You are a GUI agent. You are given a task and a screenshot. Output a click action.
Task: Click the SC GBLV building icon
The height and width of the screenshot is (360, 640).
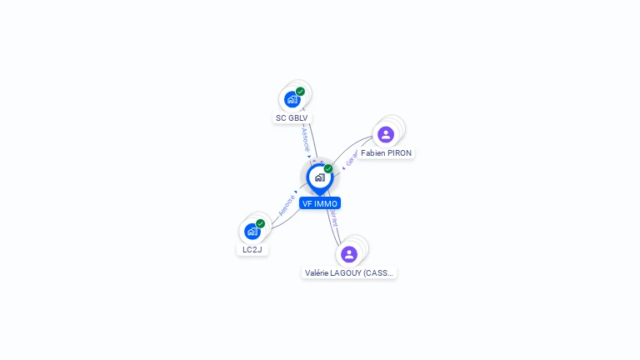pos(292,99)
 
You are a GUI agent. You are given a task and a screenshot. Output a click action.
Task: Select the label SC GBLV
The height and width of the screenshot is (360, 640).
pos(292,118)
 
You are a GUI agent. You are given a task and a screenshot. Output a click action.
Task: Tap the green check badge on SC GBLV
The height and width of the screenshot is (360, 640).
pos(300,92)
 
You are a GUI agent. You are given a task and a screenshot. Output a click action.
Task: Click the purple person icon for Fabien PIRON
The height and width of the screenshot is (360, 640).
pos(385,134)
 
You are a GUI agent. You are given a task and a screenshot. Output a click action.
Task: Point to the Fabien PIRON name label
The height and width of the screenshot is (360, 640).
pos(386,153)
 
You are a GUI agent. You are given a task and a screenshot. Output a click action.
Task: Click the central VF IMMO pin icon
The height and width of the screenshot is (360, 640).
pos(319,177)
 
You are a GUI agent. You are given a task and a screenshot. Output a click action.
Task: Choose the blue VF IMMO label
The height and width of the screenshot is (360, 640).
pos(320,203)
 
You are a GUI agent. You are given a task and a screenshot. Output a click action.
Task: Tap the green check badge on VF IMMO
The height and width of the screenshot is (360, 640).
pos(328,168)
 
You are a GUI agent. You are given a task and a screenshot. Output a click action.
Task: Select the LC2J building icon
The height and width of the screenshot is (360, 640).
pos(252,231)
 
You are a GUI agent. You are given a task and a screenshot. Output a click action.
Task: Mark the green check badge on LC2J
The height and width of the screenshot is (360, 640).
pos(261,223)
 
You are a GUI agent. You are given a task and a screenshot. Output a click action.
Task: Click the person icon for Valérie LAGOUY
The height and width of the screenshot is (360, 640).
pos(349,254)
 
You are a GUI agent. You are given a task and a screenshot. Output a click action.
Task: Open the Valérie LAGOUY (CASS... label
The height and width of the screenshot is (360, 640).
pos(349,272)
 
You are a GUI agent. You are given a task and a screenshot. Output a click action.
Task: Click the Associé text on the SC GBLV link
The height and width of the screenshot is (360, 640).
pos(305,138)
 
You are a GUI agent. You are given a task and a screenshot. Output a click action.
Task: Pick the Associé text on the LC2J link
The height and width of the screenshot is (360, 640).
pos(287,205)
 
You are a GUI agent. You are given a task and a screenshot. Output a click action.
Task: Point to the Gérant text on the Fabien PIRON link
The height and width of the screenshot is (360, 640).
pos(352,157)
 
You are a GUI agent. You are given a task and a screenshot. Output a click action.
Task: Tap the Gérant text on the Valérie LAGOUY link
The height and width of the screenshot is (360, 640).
pos(334,218)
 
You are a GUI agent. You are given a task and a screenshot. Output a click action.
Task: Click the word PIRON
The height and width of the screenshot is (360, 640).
pos(398,153)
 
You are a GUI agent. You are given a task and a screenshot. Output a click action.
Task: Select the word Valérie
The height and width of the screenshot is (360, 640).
pos(318,272)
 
